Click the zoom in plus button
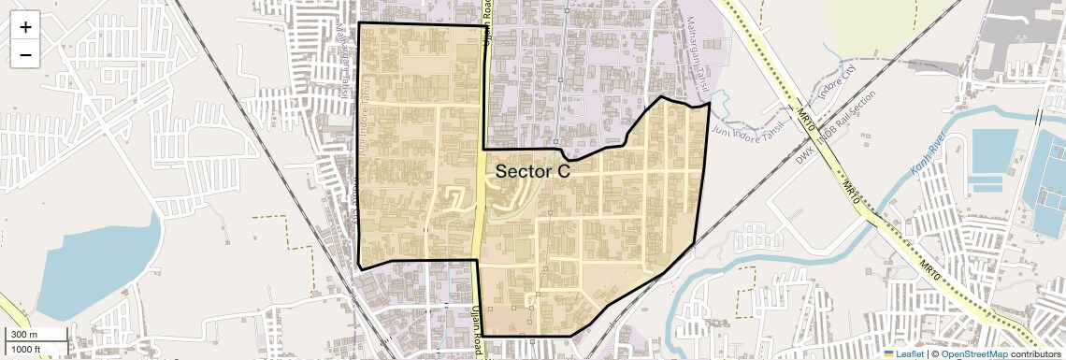pos(25,27)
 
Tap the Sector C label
pos(532,171)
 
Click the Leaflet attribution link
pos(903,353)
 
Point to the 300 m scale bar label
pos(24,335)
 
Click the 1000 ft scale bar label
pos(26,349)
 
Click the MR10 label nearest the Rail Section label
pos(805,115)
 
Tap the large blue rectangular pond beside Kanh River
pos(993,154)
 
